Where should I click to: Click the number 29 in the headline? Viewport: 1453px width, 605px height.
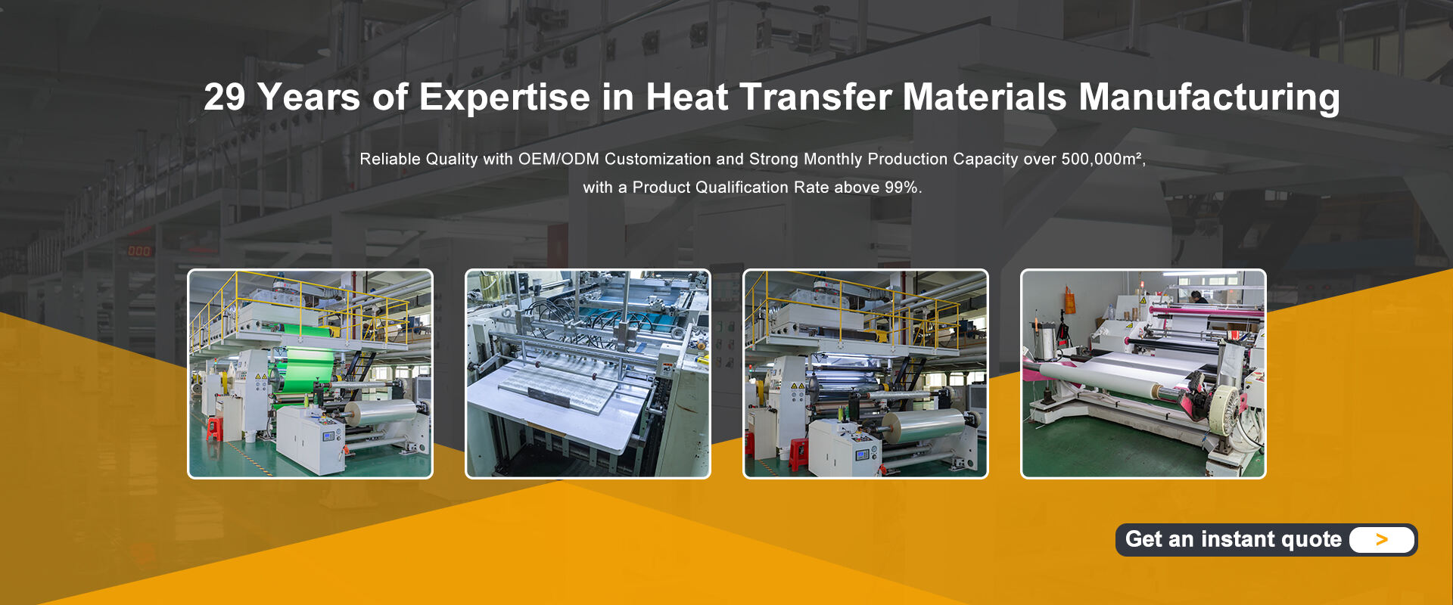(225, 97)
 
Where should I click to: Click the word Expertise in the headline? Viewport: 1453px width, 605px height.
(504, 98)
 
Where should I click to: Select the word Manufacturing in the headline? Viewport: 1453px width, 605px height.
(1209, 98)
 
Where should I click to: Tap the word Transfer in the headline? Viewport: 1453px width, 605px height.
(815, 97)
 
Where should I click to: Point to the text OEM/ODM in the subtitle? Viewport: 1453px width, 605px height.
(558, 159)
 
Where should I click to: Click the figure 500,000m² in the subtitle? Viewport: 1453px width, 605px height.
(1103, 159)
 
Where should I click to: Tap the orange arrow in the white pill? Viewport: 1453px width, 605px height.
(1382, 539)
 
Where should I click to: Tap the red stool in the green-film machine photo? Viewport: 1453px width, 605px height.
(216, 429)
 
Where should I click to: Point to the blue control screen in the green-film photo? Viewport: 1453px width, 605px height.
(329, 436)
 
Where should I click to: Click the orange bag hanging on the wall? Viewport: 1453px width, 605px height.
(1069, 299)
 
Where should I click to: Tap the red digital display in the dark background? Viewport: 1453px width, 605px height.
(138, 250)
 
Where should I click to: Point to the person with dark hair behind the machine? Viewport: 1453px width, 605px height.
(1195, 296)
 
